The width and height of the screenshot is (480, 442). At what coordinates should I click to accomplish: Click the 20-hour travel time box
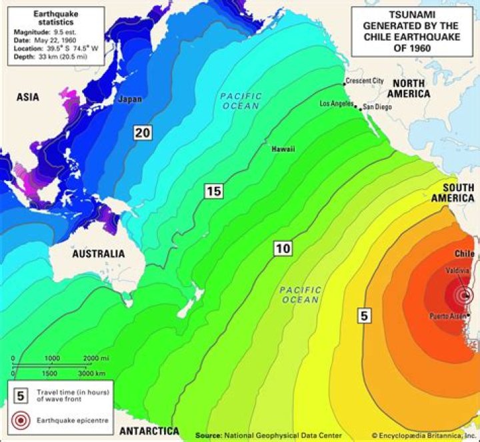point(141,132)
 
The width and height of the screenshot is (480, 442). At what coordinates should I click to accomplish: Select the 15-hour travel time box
point(213,192)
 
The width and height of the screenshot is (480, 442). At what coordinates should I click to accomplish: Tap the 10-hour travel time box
point(283,249)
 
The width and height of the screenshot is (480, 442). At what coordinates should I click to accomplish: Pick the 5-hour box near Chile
point(363,316)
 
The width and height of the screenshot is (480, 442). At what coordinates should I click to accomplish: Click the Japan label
point(129,99)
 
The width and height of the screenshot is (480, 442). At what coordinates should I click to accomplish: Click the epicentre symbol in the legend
point(21,421)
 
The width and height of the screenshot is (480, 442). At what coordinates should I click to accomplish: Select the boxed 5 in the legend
point(21,395)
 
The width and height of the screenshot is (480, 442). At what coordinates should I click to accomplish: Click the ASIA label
point(27,97)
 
